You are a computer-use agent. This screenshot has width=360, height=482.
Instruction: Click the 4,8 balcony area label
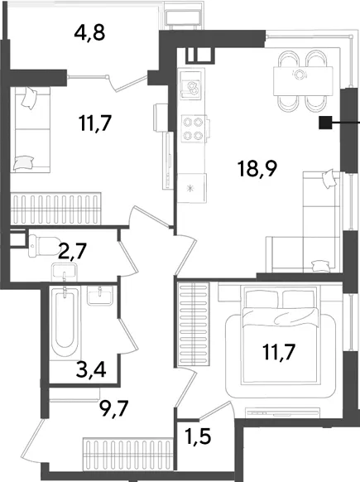pos(89,33)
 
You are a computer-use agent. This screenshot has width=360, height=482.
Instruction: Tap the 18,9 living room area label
pos(257,169)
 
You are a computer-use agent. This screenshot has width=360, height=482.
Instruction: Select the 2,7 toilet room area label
pos(73,252)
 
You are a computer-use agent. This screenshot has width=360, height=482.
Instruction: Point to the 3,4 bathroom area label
pos(91,370)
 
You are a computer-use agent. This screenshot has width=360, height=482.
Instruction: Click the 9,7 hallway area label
pos(113,408)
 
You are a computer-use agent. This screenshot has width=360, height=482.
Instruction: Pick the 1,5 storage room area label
pos(198,436)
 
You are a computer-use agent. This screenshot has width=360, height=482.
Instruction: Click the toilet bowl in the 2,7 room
pos(45,246)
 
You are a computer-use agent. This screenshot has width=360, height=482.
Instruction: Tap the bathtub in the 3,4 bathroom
pos(65,322)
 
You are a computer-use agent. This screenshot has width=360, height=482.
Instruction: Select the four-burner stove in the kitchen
pos(194,128)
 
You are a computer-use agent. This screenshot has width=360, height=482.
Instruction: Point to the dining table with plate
pos(303,81)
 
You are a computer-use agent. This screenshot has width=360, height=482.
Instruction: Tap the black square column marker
pos(325,123)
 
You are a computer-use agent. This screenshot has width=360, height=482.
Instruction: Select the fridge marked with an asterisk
pos(192,188)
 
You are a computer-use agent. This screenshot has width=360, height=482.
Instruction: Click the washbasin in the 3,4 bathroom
pos(100,296)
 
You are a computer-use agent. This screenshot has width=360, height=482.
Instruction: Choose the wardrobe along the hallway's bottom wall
pos(128,453)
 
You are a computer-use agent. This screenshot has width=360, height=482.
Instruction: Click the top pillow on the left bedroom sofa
pos(29,98)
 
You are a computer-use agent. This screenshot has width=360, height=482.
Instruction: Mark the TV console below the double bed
pos(282,412)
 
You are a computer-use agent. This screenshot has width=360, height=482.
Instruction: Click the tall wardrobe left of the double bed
pos(194,324)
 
